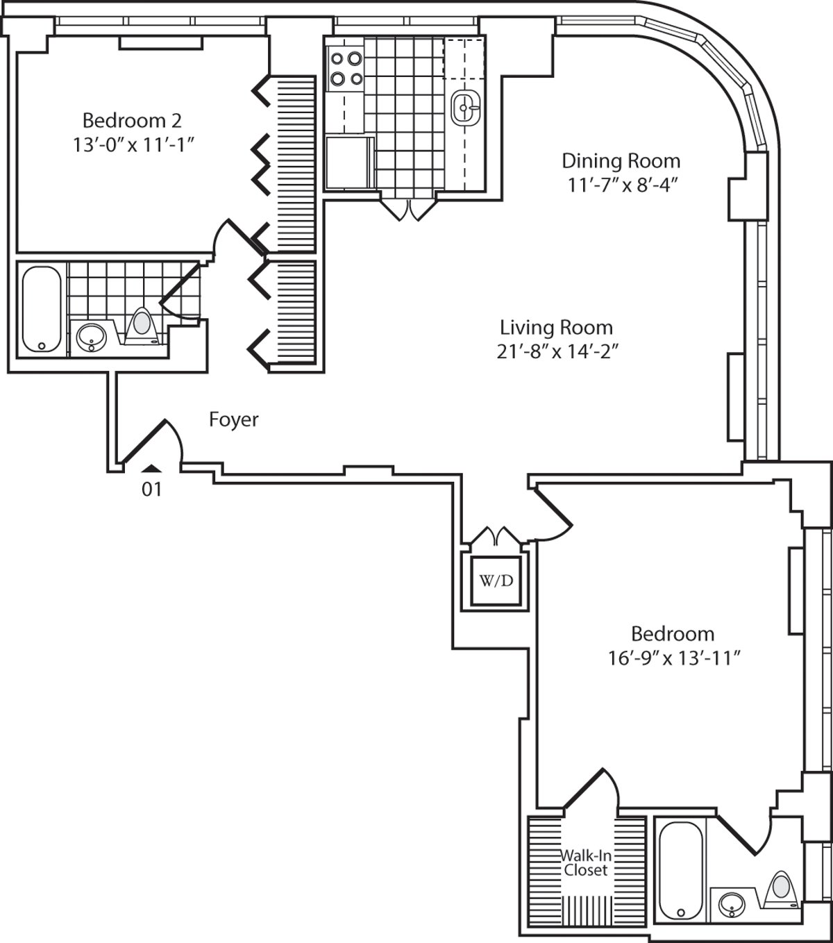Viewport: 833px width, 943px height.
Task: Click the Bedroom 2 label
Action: click(132, 121)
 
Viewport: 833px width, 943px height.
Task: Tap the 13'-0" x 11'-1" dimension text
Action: click(133, 144)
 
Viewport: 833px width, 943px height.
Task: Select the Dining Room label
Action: click(621, 161)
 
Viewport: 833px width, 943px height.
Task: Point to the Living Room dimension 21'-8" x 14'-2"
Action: click(557, 352)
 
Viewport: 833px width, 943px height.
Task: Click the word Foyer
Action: click(234, 420)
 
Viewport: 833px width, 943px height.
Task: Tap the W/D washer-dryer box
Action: click(496, 581)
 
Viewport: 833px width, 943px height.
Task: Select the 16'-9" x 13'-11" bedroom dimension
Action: click(674, 658)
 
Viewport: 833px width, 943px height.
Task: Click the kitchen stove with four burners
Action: click(346, 69)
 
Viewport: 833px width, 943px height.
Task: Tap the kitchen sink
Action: click(465, 108)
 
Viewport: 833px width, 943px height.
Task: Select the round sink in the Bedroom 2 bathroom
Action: click(91, 337)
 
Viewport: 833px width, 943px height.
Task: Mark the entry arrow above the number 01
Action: click(151, 469)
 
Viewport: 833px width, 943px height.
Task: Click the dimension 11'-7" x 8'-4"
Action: click(621, 185)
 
